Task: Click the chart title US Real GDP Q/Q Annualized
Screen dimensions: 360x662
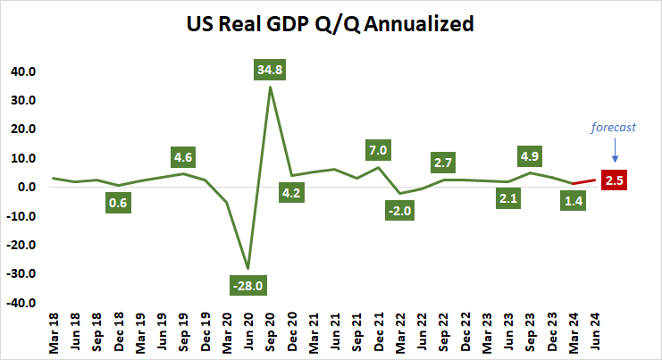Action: tap(330, 25)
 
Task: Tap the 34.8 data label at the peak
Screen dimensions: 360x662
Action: tap(270, 69)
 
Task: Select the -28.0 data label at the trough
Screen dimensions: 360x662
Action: tap(248, 286)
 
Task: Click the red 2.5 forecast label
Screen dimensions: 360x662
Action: tap(615, 180)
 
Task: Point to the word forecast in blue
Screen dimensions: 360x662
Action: tap(613, 127)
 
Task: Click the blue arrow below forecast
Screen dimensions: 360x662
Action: tap(614, 150)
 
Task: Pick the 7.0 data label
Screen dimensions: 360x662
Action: tap(378, 149)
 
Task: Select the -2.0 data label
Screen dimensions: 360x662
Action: tap(399, 210)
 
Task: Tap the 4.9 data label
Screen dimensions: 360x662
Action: tap(529, 155)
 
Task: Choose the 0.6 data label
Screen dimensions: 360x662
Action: tap(119, 203)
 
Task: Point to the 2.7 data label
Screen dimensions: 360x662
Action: tap(442, 163)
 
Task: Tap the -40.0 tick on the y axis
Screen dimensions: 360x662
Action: tap(20, 304)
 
